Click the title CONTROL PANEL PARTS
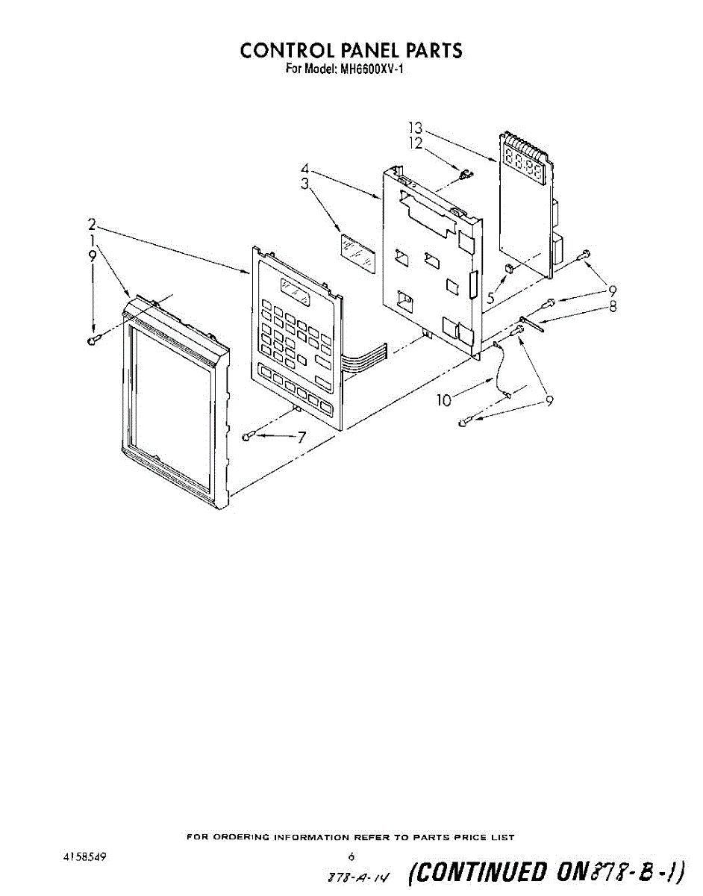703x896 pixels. click(x=351, y=51)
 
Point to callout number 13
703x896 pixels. click(x=416, y=128)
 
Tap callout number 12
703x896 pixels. click(x=416, y=143)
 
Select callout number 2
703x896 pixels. click(x=92, y=224)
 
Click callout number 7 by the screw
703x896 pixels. click(x=301, y=438)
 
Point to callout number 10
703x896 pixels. click(x=444, y=400)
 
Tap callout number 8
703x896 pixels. click(x=613, y=306)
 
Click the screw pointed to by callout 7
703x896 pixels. click(x=248, y=436)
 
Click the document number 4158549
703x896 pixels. click(x=84, y=857)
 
